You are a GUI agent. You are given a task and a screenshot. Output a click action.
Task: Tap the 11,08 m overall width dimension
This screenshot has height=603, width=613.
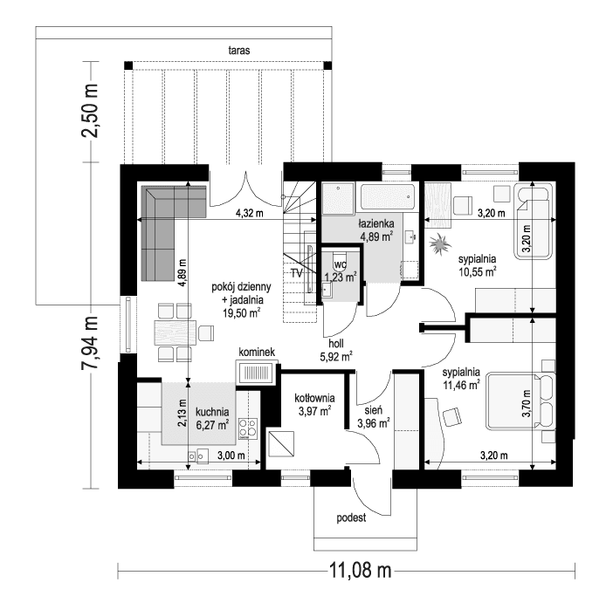click(x=358, y=572)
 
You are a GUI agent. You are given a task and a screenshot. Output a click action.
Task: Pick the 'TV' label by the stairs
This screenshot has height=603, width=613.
click(x=297, y=273)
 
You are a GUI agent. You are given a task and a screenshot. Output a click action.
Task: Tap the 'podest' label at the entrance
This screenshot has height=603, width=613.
click(x=350, y=517)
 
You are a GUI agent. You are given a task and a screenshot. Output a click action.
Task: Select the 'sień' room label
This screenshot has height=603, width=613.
click(x=372, y=409)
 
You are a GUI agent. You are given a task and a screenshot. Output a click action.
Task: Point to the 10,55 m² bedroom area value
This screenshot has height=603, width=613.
click(x=478, y=271)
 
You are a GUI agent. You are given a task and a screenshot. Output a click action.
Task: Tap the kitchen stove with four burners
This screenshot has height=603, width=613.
click(x=247, y=428)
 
